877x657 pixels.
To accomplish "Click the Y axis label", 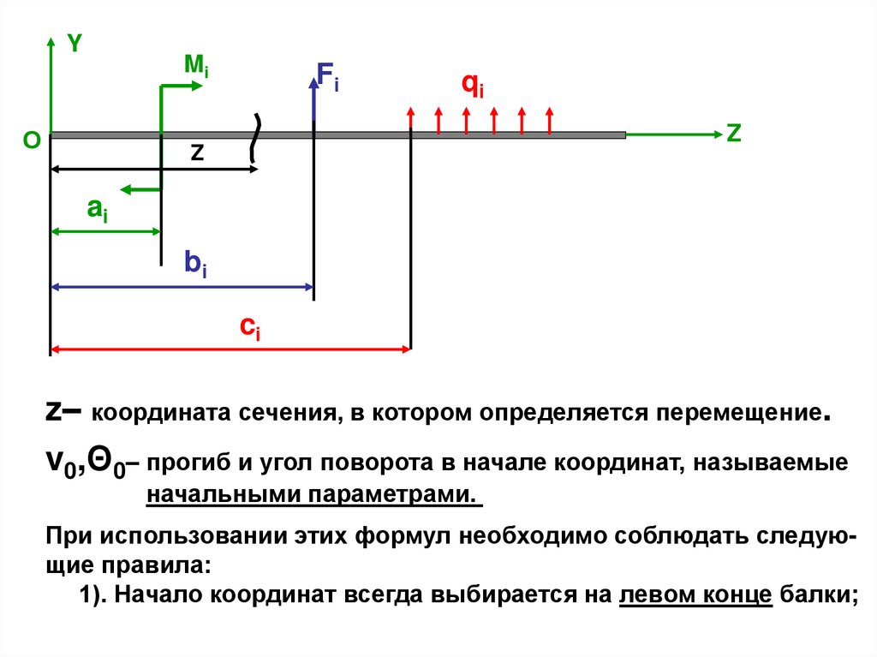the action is tap(75, 45).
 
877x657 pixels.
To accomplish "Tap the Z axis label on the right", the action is tap(733, 134).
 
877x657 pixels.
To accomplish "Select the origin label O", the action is tap(31, 140).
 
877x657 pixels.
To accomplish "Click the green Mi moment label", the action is tap(196, 66).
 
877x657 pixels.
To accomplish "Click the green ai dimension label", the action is tap(97, 211).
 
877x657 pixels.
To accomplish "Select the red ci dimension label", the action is tap(250, 327).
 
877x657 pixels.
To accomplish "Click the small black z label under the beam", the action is tap(197, 152).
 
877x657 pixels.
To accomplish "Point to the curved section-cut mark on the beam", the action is tap(254, 137).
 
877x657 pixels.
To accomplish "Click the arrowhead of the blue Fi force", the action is tap(314, 81).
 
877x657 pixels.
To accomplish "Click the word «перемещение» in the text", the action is tap(738, 413).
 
